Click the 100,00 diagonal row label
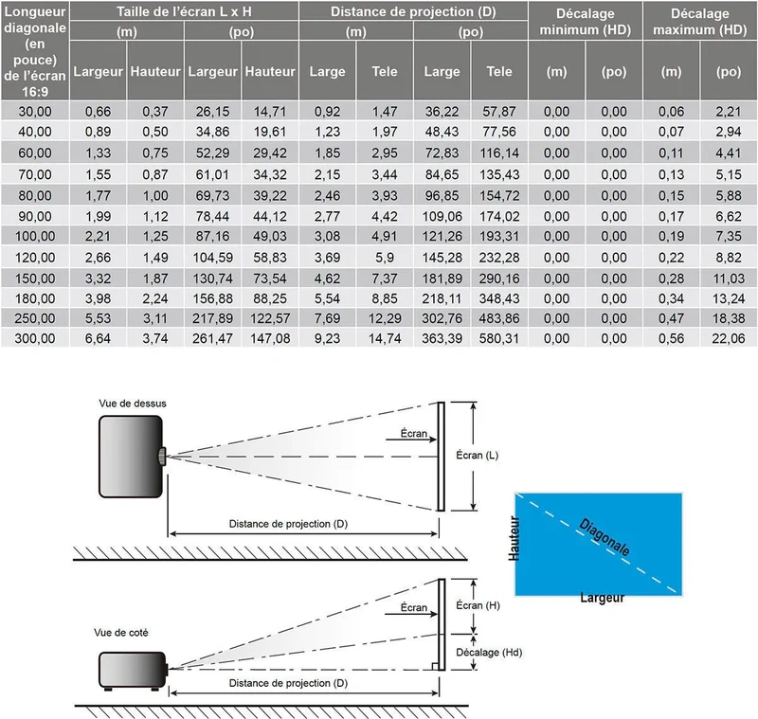coord(35,236)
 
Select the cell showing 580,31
coord(499,338)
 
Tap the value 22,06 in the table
coord(729,338)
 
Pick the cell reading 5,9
coord(385,258)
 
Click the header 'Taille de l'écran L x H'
coord(184,11)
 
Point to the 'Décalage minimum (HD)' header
coord(586,22)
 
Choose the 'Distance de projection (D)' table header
coord(413,11)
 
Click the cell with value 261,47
coord(212,338)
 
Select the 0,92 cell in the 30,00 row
coord(327,112)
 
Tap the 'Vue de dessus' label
coord(133,404)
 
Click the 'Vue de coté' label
coord(121,633)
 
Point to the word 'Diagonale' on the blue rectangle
coord(605,537)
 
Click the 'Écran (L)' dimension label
coord(478,455)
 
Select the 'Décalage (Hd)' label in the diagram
coord(489,653)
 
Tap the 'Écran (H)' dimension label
coord(478,605)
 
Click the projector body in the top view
coord(131,457)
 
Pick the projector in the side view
coord(133,670)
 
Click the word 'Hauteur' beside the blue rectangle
coord(514,538)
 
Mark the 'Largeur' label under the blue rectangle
coord(603,598)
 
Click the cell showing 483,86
coord(499,318)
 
